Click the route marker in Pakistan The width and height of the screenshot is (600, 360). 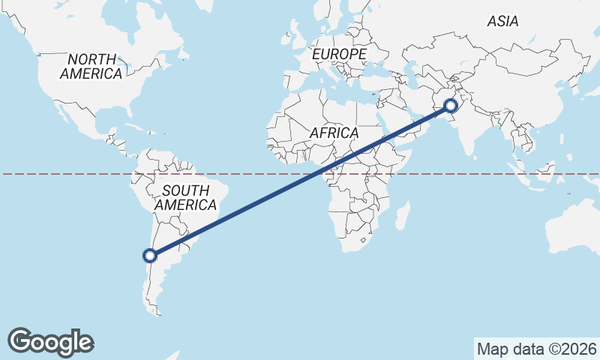point(451,106)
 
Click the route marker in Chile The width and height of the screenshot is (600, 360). point(150,256)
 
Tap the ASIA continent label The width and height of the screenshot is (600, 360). point(502,22)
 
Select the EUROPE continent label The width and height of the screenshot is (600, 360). point(339,55)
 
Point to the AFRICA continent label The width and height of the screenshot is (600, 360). point(334,133)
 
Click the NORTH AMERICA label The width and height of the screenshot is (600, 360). point(91,67)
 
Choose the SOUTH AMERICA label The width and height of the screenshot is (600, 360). point(185,197)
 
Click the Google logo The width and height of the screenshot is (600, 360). point(50,342)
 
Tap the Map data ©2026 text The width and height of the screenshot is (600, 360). point(536,349)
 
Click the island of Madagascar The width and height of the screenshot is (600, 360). point(402,215)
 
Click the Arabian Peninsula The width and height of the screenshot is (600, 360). point(394,124)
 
